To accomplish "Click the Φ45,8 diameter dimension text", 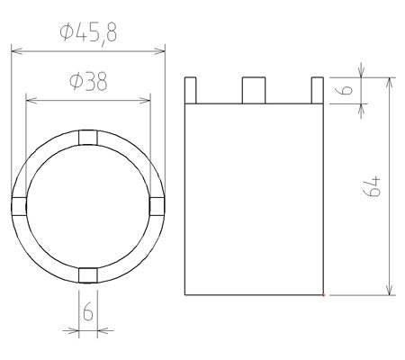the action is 88,34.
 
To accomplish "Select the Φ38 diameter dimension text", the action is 88,82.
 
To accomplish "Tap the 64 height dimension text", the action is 373,186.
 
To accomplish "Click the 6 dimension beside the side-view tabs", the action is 346,90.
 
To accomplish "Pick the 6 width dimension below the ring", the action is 88,311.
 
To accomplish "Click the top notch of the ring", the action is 88,138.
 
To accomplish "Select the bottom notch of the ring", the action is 88,275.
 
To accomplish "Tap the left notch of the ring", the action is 19,206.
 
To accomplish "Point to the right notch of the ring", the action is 157,206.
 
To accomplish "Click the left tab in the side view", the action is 191,90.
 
